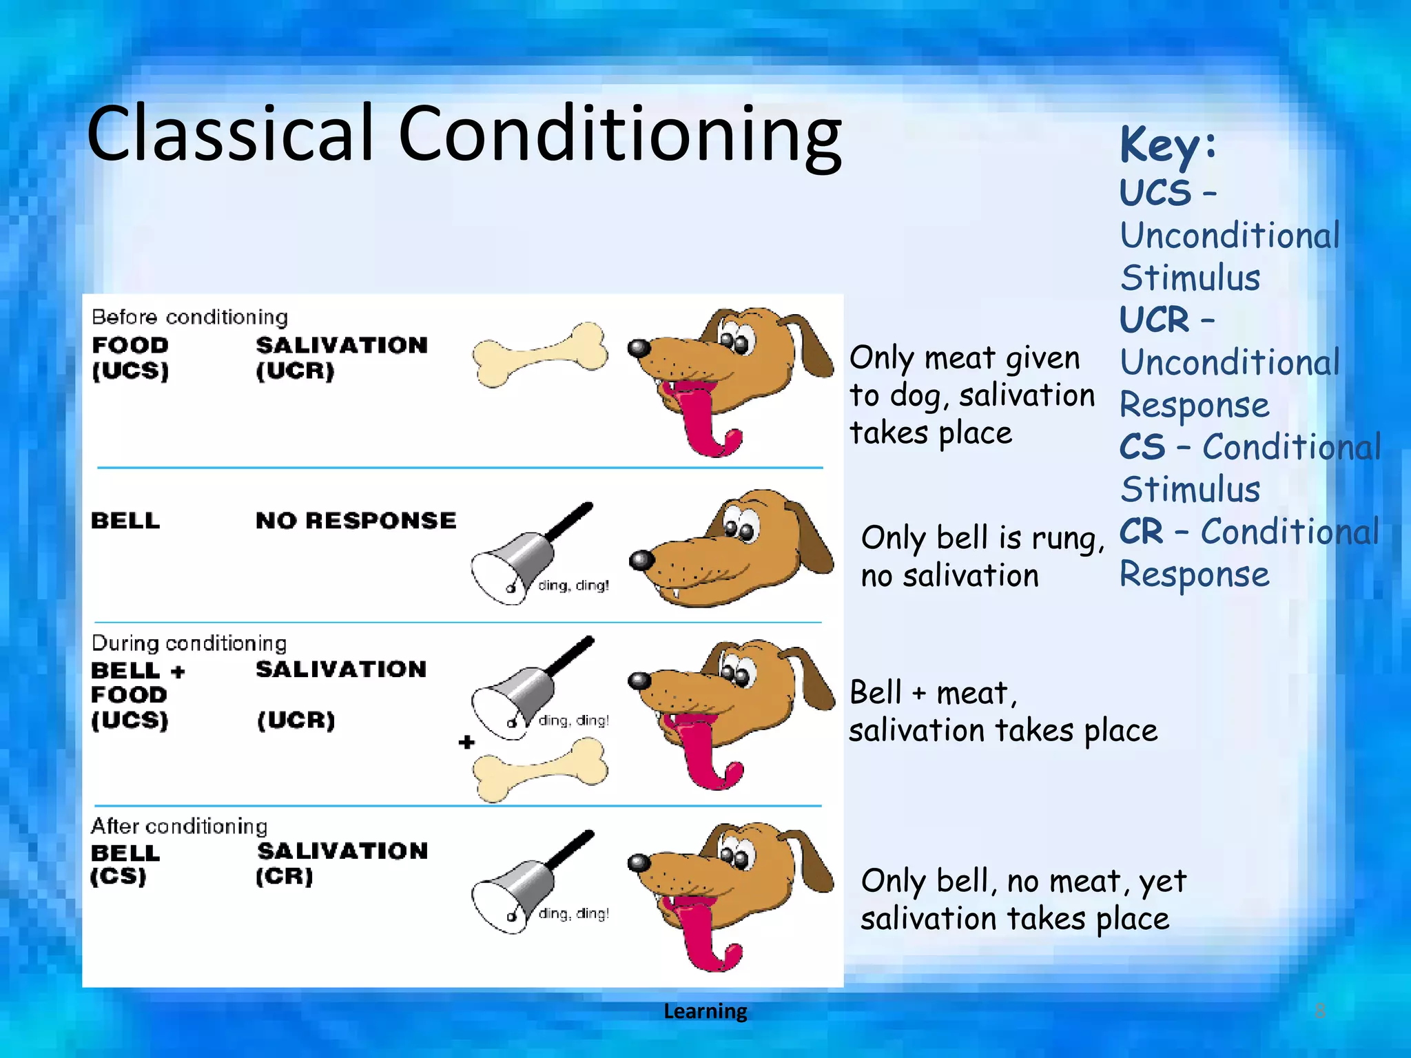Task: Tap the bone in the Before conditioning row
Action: (540, 355)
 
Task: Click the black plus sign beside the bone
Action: (466, 742)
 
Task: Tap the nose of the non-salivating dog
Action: (641, 559)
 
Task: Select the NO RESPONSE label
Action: (356, 520)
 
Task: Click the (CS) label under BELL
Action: (118, 876)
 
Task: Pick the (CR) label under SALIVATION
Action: (284, 876)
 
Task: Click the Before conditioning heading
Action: (189, 317)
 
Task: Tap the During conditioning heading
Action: (189, 643)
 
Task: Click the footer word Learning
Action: (705, 1010)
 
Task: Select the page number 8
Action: (1319, 1010)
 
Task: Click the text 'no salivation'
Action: (949, 575)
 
